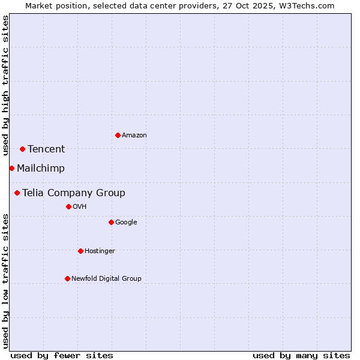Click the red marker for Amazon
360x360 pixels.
point(118,135)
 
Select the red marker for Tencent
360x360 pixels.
point(22,149)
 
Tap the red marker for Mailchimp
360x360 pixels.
point(11,168)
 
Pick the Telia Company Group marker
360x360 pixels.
point(17,193)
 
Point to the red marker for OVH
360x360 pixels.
point(68,206)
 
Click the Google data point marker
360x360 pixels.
point(111,222)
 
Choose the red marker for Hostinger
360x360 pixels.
point(80,251)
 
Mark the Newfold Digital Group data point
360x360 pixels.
point(67,278)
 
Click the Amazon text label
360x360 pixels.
point(134,136)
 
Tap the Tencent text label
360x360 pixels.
point(46,149)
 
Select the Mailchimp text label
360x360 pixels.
point(41,169)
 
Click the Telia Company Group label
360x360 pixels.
point(74,193)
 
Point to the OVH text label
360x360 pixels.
point(80,207)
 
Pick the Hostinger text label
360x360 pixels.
point(100,251)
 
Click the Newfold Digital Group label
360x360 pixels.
point(106,279)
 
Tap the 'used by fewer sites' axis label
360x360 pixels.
point(62,355)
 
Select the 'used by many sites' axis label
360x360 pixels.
point(301,355)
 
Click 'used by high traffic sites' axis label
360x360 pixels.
point(5,85)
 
